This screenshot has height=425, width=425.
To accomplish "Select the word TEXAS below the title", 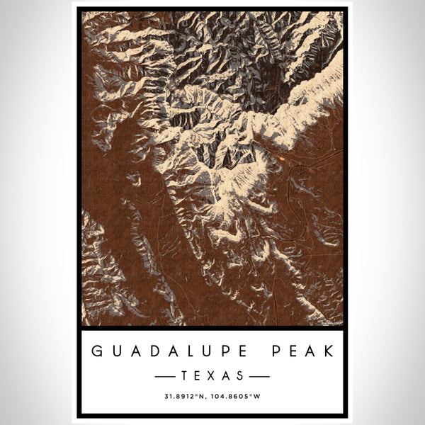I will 212,373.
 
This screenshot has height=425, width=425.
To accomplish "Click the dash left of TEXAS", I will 170,373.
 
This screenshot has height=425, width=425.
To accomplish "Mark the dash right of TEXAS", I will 255,373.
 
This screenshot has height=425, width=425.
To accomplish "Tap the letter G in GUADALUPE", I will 95,350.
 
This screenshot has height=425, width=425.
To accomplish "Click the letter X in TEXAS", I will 212,373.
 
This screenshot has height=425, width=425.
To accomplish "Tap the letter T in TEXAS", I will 186,373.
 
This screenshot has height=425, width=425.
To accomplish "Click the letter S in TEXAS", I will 239,373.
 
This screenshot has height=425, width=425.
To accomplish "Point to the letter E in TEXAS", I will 199,373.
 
